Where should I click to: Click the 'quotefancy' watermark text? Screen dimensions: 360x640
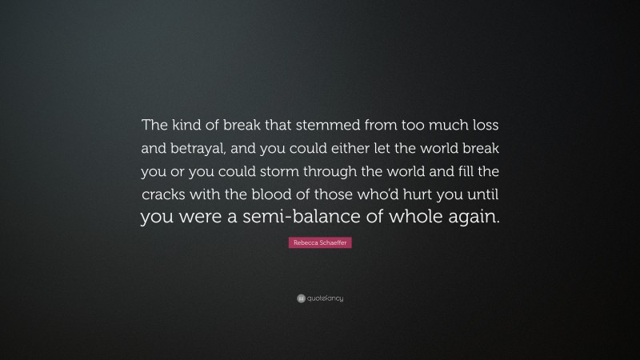click(x=325, y=298)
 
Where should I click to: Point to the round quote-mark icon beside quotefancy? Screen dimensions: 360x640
click(x=301, y=298)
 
